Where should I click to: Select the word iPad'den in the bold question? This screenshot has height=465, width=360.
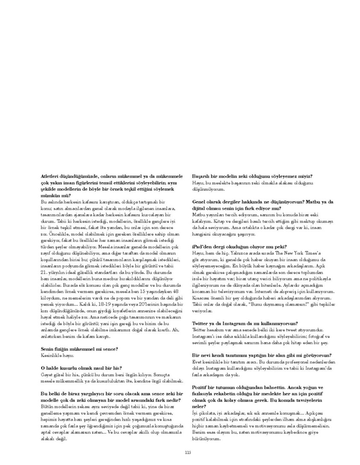point(202,247)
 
